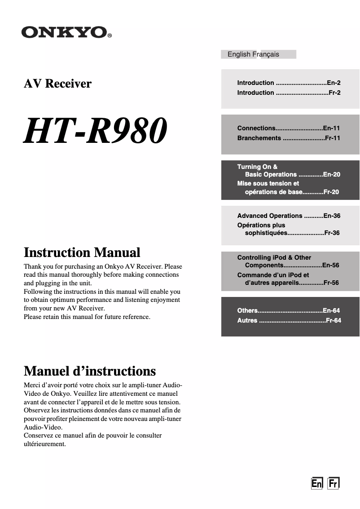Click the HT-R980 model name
pyautogui.click(x=95, y=131)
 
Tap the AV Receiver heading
pyautogui.click(x=57, y=84)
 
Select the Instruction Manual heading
pyautogui.click(x=82, y=252)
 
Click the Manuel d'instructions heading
pyautogui.click(x=89, y=371)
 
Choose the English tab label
pyautogui.click(x=239, y=54)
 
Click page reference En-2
pyautogui.click(x=334, y=83)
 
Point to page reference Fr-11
pyautogui.click(x=333, y=138)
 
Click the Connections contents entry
pyautogui.click(x=256, y=128)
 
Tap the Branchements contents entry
pyautogui.click(x=259, y=138)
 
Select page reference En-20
pyautogui.click(x=331, y=174)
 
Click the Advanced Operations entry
pyautogui.click(x=270, y=216)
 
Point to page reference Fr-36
pyautogui.click(x=332, y=233)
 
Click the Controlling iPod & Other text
pyautogui.click(x=274, y=257)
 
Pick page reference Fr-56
pyautogui.click(x=331, y=283)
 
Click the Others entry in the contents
pyautogui.click(x=247, y=310)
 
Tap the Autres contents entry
pyautogui.click(x=247, y=320)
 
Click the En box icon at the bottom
pyautogui.click(x=317, y=483)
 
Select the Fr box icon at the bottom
pyautogui.click(x=333, y=483)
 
